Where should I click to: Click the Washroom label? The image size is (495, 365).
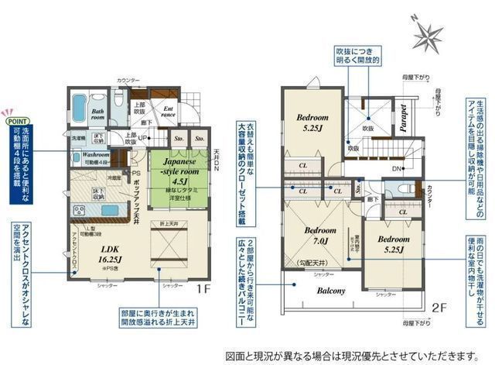[96, 155]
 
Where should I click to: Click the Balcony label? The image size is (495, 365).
[330, 291]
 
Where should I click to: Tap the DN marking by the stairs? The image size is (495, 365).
[395, 168]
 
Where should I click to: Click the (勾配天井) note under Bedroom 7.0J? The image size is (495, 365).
[312, 263]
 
